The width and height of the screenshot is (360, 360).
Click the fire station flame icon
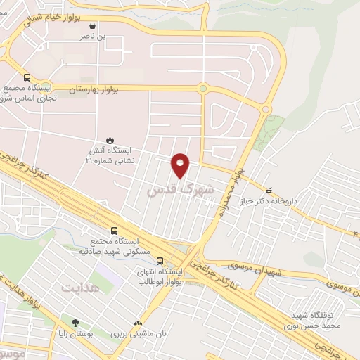109,141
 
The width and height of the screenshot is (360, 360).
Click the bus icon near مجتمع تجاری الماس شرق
27,78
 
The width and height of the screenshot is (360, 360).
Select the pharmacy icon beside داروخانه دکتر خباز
268,189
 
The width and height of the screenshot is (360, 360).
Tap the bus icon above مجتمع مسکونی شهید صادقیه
115,229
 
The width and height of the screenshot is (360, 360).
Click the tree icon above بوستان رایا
75,324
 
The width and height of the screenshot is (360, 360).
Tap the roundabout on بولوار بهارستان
202,89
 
